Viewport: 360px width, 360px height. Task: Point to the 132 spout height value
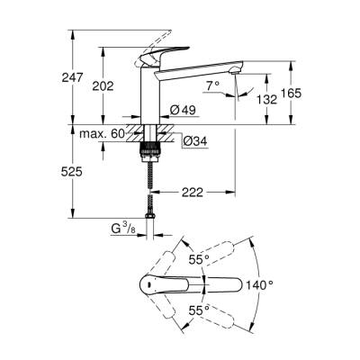[x=265, y=98]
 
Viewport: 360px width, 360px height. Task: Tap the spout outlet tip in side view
[x=236, y=72]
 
